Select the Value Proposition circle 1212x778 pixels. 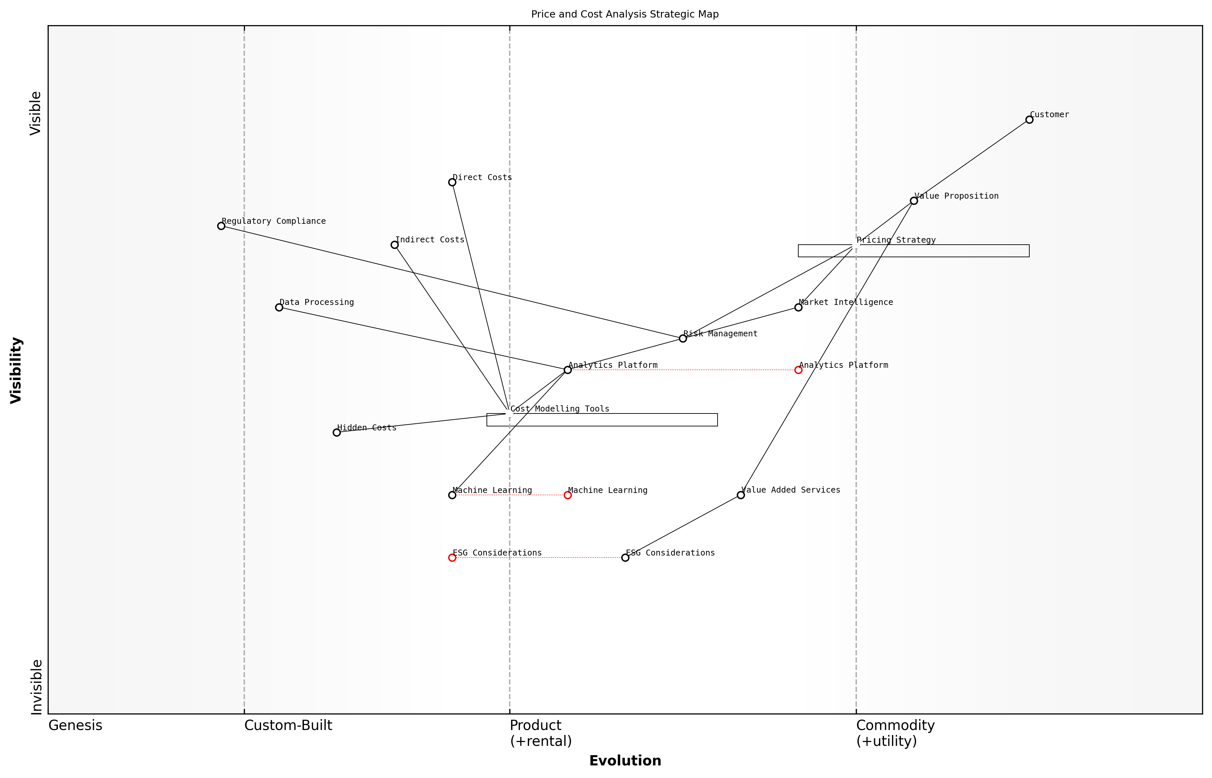click(913, 201)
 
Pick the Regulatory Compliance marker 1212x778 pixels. click(221, 226)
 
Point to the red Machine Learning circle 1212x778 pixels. click(568, 495)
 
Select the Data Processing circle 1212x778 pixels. click(279, 307)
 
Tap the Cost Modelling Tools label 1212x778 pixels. click(560, 409)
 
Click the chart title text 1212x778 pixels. click(625, 14)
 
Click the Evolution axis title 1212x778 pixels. click(625, 761)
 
